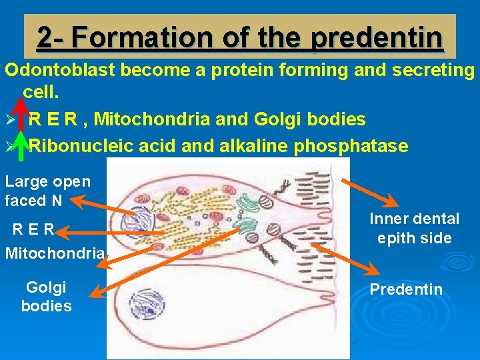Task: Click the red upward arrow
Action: point(21,114)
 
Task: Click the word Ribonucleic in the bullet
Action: point(84,146)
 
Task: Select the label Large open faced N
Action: point(47,191)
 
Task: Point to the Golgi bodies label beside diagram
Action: point(46,297)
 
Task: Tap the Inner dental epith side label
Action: point(414,228)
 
